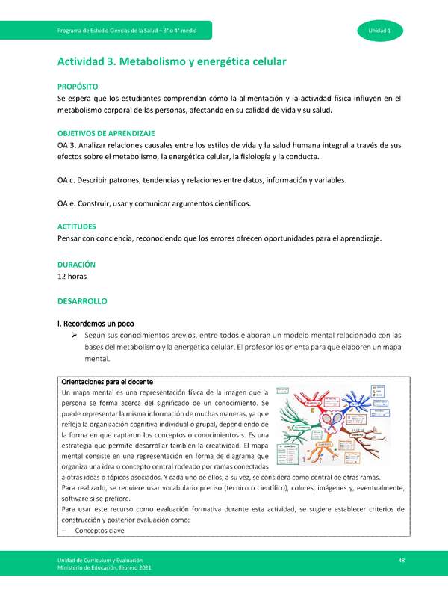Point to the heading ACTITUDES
(77, 226)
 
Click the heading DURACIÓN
(76, 265)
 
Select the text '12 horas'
(72, 276)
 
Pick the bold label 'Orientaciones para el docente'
(112, 381)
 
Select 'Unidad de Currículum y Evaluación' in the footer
(101, 560)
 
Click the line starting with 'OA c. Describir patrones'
(201, 180)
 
